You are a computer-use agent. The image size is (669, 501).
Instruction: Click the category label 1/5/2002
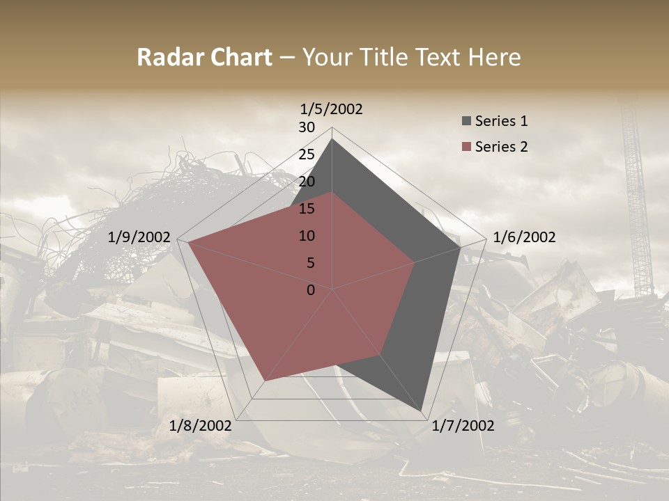point(332,109)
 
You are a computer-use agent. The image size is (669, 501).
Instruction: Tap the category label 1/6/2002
point(524,237)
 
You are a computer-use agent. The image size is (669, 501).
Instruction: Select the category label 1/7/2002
point(463,426)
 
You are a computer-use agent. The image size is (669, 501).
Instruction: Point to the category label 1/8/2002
point(201,426)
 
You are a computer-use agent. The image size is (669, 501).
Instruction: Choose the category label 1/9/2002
point(139,237)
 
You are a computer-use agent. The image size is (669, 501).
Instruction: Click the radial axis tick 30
point(307,127)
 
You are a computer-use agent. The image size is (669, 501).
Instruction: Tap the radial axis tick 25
point(307,154)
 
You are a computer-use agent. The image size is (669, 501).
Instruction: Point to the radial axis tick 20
point(307,182)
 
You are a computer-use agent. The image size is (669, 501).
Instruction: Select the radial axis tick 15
point(307,209)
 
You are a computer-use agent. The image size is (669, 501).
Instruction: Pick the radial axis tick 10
point(307,236)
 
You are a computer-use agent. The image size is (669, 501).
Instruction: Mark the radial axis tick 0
point(311,290)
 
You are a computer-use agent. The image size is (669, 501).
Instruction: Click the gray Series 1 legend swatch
point(466,122)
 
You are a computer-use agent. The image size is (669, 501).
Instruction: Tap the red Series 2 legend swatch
point(466,147)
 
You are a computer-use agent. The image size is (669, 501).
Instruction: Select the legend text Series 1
point(501,121)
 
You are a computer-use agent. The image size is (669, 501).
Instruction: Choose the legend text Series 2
point(501,147)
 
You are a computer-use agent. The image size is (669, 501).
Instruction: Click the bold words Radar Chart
point(204,58)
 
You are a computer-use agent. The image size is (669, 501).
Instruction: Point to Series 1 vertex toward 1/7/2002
point(423,412)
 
